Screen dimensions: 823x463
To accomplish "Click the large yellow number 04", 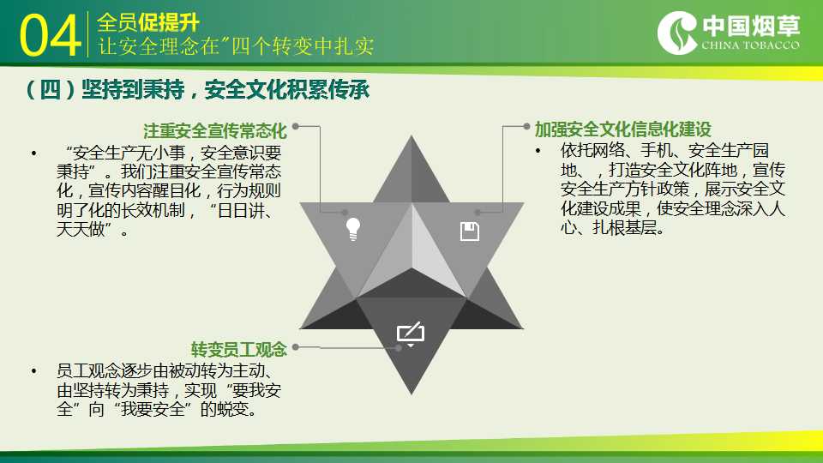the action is pos(50,35).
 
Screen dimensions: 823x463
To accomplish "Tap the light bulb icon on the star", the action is pos(353,229).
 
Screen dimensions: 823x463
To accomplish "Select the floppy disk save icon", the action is pos(470,231).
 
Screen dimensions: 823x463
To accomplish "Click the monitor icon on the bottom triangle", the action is pos(411,334).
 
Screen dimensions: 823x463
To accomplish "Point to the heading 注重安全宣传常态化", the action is pos(215,130).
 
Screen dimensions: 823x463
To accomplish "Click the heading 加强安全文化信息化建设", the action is pos(623,129).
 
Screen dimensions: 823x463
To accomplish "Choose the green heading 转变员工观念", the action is pos(239,349).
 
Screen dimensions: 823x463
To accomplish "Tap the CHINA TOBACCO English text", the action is pos(751,45).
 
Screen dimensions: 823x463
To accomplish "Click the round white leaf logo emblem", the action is pos(677,33).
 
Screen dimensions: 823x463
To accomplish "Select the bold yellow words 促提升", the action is pos(169,23).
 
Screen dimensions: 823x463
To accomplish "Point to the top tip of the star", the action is pos(411,136).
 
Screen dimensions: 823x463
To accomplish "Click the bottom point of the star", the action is pos(411,394).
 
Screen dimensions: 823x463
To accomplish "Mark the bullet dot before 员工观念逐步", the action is pos(34,371).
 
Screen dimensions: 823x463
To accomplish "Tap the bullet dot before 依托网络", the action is pos(538,151).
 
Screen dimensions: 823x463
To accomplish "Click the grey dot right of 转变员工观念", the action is pos(296,347).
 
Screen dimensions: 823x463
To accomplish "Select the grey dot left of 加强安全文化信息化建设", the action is pos(526,126).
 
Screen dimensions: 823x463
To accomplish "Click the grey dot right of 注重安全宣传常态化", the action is pos(296,126).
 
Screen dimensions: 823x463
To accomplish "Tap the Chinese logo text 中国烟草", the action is pos(751,26).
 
